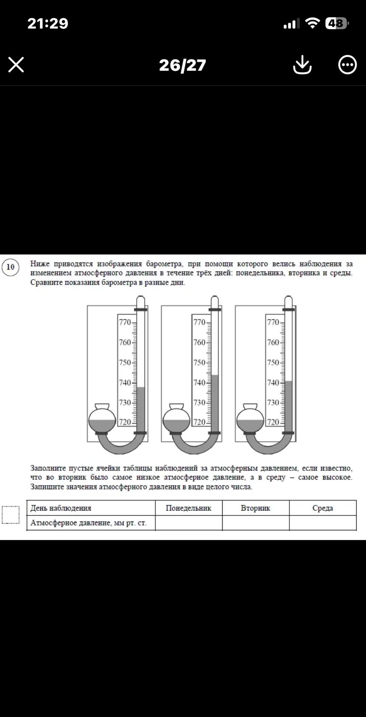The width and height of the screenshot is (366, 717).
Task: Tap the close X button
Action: (x=16, y=65)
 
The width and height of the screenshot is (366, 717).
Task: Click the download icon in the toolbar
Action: (x=302, y=65)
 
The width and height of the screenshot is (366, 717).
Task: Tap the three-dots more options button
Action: (x=347, y=65)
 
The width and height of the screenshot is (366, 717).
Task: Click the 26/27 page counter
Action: (x=183, y=65)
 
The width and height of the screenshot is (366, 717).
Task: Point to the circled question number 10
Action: (x=10, y=267)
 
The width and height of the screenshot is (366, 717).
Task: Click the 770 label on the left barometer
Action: (x=125, y=322)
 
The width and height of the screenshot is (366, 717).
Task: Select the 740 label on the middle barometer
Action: (x=199, y=382)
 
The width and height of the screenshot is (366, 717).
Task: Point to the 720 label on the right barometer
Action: (x=273, y=422)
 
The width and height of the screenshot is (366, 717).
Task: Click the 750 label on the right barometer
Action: (x=273, y=362)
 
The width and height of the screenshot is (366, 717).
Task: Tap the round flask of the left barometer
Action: (x=102, y=419)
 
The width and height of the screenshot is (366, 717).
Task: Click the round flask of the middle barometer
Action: (x=176, y=419)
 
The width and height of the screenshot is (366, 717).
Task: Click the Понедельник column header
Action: (x=189, y=508)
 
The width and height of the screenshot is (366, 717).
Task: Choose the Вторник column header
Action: (x=255, y=508)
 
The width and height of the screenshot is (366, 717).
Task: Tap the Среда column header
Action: (x=323, y=508)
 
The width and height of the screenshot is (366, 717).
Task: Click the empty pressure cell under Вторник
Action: (x=256, y=523)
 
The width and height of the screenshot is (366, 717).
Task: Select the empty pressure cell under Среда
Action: (x=323, y=523)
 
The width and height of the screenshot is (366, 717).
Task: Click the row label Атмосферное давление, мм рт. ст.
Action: (x=89, y=523)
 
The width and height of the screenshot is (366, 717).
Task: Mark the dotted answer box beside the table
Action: (x=10, y=515)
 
